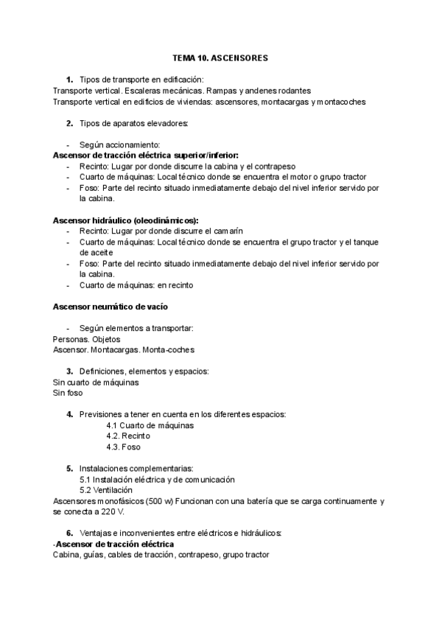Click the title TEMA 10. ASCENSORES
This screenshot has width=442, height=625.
tap(220, 57)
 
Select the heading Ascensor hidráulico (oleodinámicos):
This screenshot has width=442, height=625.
tap(126, 220)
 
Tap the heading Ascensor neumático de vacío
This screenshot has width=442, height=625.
tap(113, 306)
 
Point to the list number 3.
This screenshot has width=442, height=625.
tap(69, 371)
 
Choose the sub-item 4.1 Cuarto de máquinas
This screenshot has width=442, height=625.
tap(150, 425)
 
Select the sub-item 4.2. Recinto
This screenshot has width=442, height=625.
tap(128, 436)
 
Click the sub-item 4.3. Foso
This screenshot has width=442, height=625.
tap(123, 447)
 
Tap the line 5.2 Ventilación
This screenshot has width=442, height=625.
tap(106, 490)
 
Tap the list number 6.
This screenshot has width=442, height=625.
tap(69, 533)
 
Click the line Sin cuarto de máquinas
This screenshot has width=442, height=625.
tap(96, 382)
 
